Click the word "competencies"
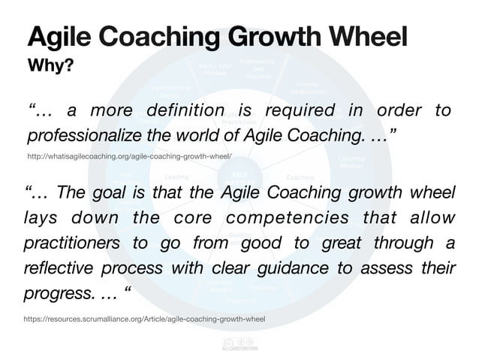pyautogui.click(x=294, y=218)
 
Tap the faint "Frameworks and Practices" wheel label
pyautogui.click(x=258, y=68)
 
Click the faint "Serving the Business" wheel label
pyautogui.click(x=306, y=88)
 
